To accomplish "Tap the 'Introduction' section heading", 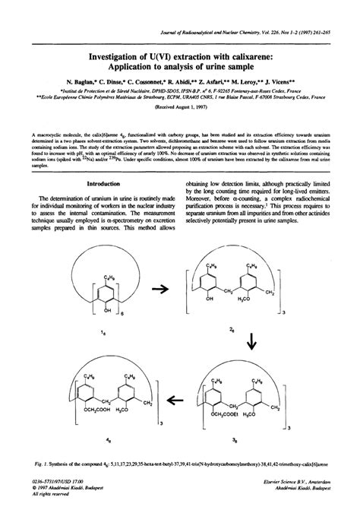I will (108, 205).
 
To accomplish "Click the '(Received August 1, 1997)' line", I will (180, 108).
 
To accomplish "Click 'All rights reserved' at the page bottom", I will (47, 505).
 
